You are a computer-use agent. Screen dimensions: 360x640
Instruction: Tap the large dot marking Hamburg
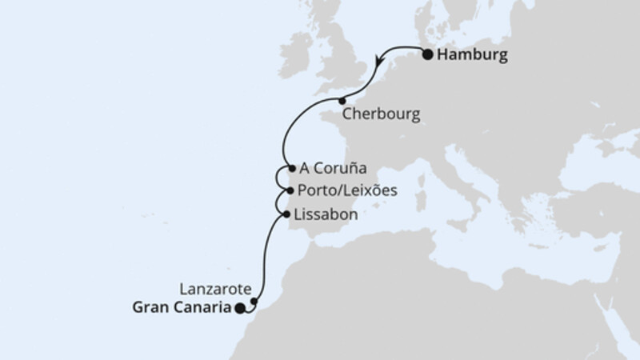pos(428,55)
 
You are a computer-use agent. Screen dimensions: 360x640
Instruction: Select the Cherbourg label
pos(381,114)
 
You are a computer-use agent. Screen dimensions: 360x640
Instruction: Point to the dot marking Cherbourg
pos(342,101)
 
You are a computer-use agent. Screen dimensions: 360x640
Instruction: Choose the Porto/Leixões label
pos(346,192)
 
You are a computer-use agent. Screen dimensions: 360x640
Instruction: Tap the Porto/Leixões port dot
pos(290,192)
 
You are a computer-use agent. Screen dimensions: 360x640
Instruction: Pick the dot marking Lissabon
pos(286,214)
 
